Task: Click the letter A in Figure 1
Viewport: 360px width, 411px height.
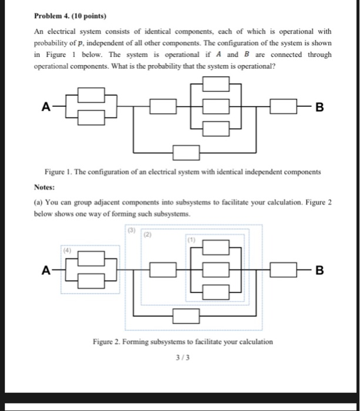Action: [45, 106]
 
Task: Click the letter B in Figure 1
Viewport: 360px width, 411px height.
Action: [319, 107]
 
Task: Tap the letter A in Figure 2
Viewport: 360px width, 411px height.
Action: [45, 270]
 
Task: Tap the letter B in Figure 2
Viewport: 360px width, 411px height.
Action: [319, 271]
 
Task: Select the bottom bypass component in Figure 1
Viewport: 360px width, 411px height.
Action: [186, 152]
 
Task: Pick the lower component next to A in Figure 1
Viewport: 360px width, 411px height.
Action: [91, 118]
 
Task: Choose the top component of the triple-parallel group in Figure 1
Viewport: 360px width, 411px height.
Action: [216, 84]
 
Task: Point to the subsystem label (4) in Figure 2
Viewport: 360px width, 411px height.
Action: [68, 248]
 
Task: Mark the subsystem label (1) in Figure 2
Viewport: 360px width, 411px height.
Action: [191, 240]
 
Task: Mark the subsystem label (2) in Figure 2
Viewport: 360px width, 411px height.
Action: [149, 234]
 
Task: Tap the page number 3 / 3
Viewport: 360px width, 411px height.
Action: [181, 356]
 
